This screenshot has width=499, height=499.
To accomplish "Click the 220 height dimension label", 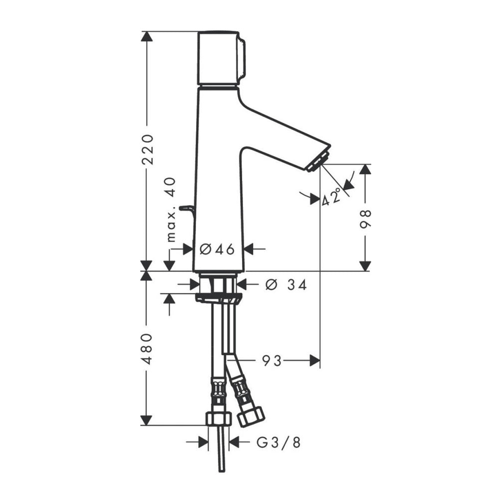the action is (147, 149).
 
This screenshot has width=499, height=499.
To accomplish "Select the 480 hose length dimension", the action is (147, 349).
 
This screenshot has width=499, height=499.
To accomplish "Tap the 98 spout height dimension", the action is (365, 219).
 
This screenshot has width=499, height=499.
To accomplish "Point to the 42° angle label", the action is (331, 196).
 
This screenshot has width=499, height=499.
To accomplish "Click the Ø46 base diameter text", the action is (217, 249).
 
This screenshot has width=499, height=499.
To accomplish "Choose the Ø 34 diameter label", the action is (286, 285).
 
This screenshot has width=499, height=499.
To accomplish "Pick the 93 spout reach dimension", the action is (271, 361).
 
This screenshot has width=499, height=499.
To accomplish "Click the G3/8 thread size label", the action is (278, 442).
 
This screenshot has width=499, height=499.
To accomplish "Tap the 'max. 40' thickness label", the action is (171, 210).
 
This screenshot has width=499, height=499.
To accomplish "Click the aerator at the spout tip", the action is (318, 162).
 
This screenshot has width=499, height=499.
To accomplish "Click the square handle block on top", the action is (221, 58).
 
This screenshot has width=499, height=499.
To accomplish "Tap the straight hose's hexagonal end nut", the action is (219, 419).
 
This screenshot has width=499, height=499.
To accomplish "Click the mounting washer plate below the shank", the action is (219, 298).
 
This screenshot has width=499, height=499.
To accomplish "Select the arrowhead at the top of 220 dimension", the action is (147, 36).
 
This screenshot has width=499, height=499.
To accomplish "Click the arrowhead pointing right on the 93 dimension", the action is (315, 361).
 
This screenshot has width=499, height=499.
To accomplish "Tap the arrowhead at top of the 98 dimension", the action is (365, 169).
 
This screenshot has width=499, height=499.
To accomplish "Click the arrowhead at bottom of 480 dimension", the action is (146, 420).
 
